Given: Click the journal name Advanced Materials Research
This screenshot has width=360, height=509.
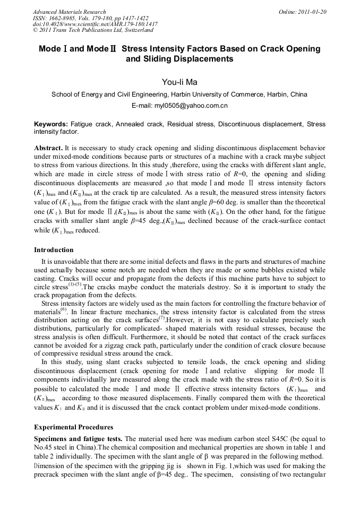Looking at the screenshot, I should [69, 12].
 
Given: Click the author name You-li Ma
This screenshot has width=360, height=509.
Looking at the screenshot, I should [179, 82].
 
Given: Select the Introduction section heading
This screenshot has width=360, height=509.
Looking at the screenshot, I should [54, 249].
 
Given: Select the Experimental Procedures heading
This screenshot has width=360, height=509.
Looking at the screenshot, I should [73, 426].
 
